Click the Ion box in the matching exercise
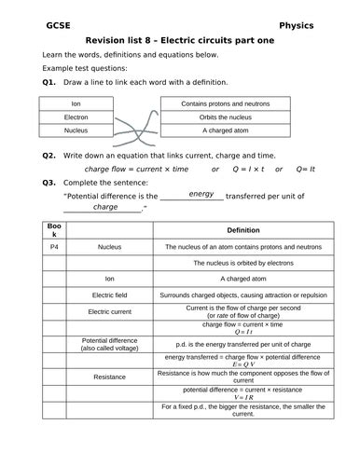tap(76, 104)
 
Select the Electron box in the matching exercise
tap(76, 118)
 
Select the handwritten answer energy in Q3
tap(201, 194)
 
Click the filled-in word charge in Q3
tap(105, 207)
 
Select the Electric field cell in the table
tap(109, 294)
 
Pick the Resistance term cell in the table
tap(109, 377)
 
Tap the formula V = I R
tap(243, 397)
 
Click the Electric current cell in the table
tap(109, 311)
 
